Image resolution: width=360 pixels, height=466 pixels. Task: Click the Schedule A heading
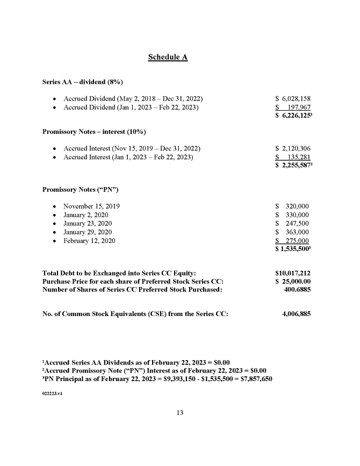(x=168, y=57)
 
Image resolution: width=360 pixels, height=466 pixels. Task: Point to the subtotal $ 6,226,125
(x=293, y=116)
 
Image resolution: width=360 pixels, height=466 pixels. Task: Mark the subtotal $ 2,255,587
(x=293, y=166)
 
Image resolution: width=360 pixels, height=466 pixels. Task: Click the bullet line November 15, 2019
(x=91, y=206)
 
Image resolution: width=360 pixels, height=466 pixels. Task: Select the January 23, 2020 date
(x=88, y=224)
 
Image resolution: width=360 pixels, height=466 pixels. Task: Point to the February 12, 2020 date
(x=89, y=241)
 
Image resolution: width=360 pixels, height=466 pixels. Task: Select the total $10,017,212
(x=292, y=273)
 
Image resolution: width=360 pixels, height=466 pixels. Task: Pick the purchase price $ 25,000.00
(x=292, y=281)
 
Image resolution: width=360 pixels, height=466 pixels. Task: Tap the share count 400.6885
(x=297, y=289)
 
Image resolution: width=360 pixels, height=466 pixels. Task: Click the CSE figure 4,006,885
(x=296, y=314)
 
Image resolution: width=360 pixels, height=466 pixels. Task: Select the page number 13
(x=180, y=413)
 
